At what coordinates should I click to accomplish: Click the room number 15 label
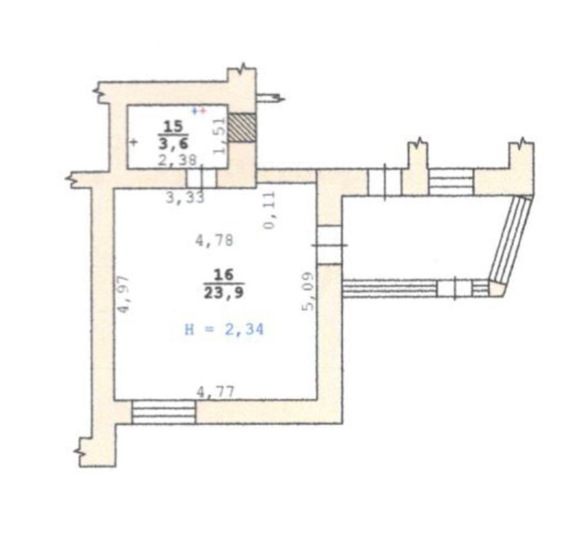[173, 127]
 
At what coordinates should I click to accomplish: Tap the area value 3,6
[174, 143]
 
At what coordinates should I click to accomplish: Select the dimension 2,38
[177, 160]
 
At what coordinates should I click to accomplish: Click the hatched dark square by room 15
[242, 127]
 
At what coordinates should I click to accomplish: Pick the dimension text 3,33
[185, 198]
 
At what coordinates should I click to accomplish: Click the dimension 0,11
[269, 210]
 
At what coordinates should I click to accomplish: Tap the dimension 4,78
[214, 241]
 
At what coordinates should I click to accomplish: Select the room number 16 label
[224, 274]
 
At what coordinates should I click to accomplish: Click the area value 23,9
[224, 292]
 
